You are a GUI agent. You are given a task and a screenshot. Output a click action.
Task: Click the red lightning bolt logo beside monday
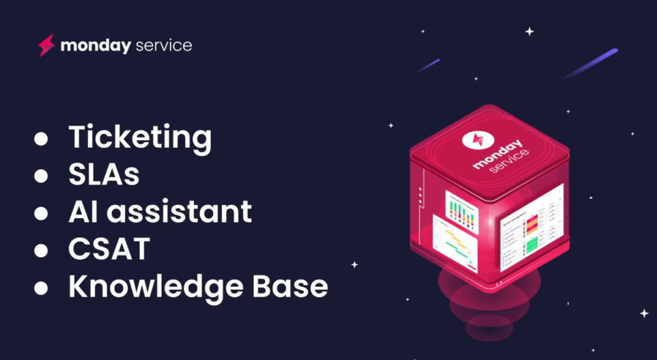46,46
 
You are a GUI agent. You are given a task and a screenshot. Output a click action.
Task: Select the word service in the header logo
164,46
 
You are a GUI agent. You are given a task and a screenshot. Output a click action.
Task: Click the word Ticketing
140,137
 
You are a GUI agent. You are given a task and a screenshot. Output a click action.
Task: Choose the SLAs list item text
104,175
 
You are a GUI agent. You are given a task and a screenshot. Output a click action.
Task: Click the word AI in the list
81,212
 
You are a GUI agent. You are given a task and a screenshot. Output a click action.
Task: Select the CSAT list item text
109,249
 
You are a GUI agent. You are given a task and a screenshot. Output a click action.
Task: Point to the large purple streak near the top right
591,63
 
